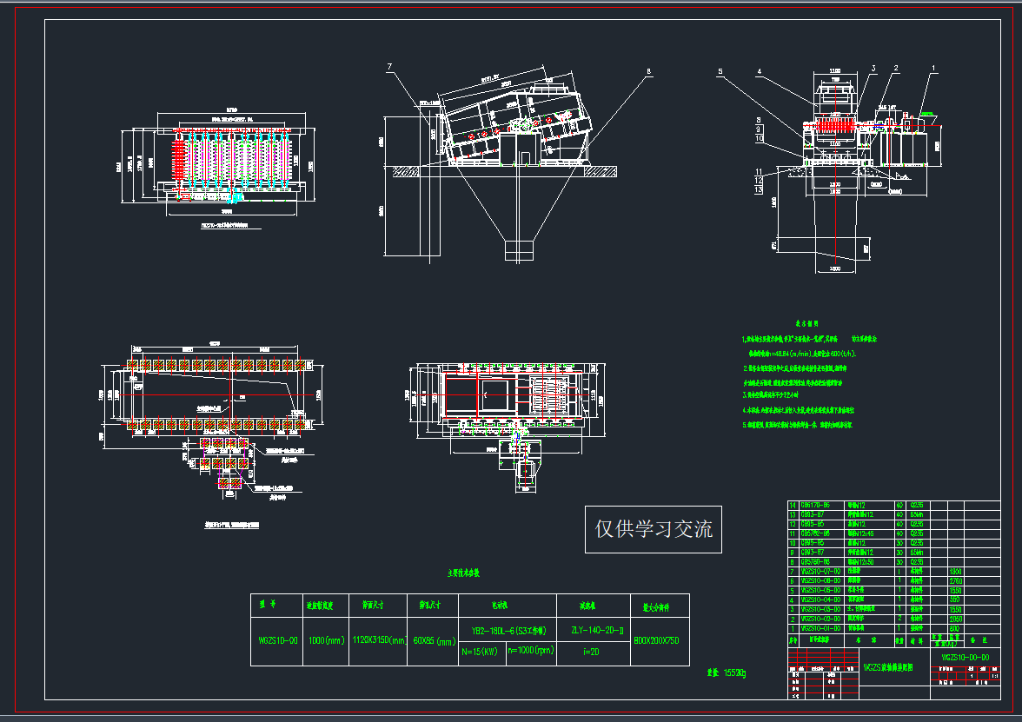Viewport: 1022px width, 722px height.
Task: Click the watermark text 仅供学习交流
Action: pyautogui.click(x=653, y=528)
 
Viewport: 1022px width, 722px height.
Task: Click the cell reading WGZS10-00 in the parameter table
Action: pyautogui.click(x=277, y=640)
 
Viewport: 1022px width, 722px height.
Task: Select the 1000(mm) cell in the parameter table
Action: pyautogui.click(x=326, y=640)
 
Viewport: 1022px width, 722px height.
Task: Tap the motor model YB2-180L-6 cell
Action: pyautogui.click(x=507, y=632)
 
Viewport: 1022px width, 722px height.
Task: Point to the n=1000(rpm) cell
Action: pyautogui.click(x=530, y=650)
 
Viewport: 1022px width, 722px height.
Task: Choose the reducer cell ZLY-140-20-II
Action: pyautogui.click(x=593, y=632)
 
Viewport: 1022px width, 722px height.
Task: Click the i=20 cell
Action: pyautogui.click(x=593, y=650)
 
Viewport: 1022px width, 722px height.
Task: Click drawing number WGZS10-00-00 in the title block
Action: pyautogui.click(x=965, y=658)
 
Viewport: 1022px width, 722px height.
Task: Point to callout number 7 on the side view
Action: pyautogui.click(x=390, y=67)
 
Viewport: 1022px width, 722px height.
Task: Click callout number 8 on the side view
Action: pyautogui.click(x=648, y=73)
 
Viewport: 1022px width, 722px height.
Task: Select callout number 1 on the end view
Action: pyautogui.click(x=933, y=67)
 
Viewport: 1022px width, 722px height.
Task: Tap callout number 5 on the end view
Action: pyautogui.click(x=720, y=71)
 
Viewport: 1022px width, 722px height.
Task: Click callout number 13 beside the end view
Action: pyautogui.click(x=759, y=189)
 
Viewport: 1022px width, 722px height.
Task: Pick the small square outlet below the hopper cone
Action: pyautogui.click(x=519, y=249)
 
